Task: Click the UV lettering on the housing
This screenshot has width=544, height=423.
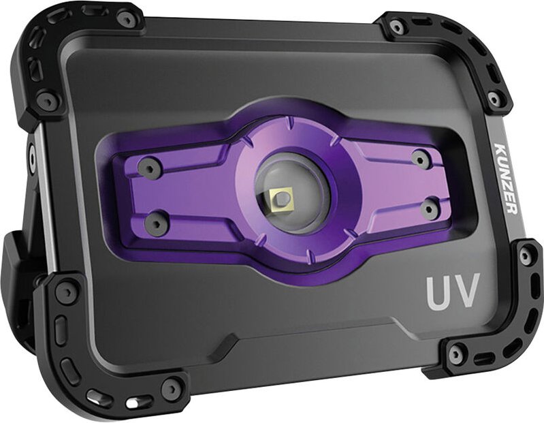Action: click(x=453, y=292)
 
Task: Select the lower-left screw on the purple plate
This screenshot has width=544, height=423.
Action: click(x=156, y=222)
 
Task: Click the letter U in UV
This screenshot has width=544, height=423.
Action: click(x=438, y=292)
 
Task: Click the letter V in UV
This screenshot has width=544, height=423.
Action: click(x=466, y=291)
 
